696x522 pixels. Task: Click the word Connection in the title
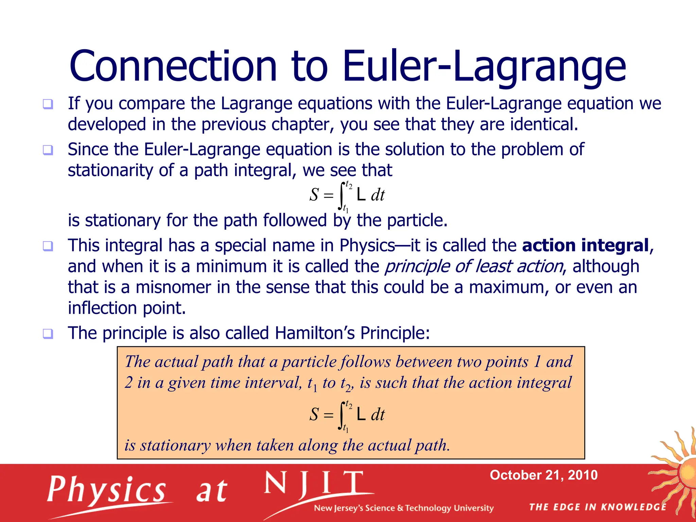173,66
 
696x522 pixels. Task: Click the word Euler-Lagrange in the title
484,66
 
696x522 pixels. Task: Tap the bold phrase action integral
585,245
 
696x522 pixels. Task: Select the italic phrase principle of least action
474,266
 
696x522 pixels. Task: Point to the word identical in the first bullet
543,124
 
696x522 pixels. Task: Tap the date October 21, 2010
543,475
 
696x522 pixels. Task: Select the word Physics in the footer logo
106,489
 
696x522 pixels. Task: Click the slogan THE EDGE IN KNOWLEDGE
597,507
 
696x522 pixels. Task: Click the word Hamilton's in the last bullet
315,333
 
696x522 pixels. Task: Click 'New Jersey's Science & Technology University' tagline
403,508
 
